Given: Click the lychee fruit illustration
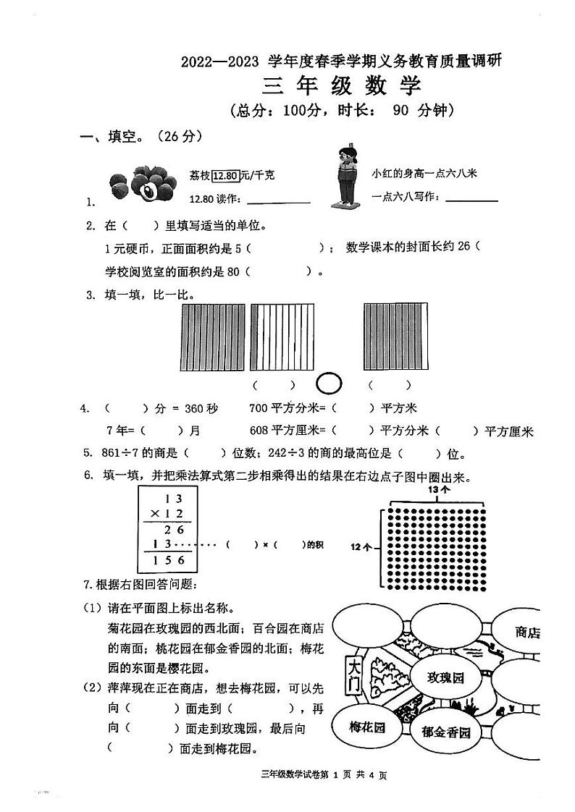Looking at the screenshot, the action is point(142,185).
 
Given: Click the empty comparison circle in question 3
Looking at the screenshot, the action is point(330,383).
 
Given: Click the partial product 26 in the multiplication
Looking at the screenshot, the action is point(175,529).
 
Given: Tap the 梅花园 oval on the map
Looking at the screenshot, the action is point(366,727).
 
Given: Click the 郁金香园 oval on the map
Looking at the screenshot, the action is point(445,732).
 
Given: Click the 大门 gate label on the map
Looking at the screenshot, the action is point(354,674).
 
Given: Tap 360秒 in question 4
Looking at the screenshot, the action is point(201,409).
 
